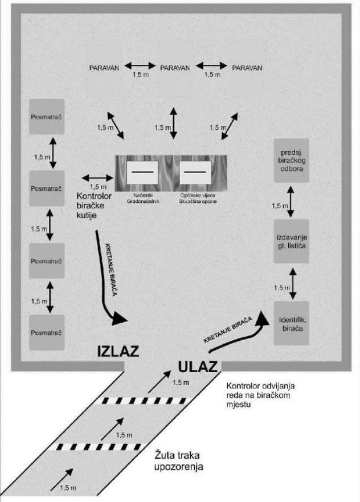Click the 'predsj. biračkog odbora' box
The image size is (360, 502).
(x=292, y=160)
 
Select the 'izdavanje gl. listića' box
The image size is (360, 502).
(x=292, y=242)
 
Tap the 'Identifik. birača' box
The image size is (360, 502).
(x=292, y=323)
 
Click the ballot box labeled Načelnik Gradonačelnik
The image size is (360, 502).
(x=142, y=173)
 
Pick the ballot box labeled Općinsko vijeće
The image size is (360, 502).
(x=195, y=173)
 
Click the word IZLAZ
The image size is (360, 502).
(x=118, y=351)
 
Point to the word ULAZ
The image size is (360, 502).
(x=198, y=366)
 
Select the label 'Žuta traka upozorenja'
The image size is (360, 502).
(x=178, y=461)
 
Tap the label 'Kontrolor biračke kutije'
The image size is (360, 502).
(x=94, y=205)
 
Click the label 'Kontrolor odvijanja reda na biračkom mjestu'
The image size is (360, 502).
(x=260, y=395)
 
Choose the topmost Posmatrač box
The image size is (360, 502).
(x=47, y=117)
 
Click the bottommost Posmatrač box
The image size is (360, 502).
(x=47, y=332)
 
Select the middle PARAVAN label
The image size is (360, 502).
(x=175, y=68)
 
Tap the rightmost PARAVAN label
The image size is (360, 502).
(x=247, y=68)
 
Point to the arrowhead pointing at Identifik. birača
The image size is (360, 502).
(x=263, y=318)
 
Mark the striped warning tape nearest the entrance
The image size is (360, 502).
(x=144, y=401)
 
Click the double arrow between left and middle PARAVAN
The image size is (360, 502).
(x=140, y=66)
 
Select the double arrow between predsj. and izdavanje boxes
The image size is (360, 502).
(x=291, y=201)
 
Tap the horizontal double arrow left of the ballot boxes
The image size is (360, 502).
(x=98, y=178)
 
